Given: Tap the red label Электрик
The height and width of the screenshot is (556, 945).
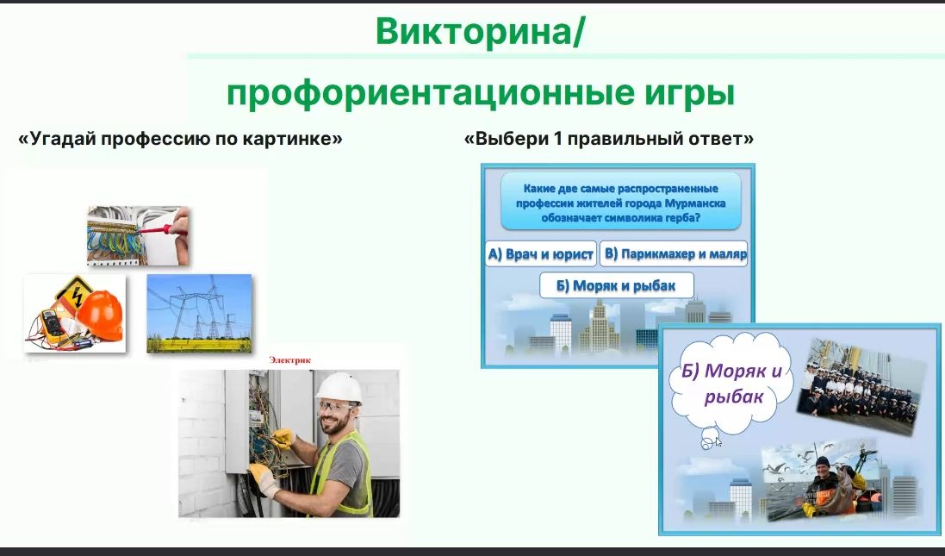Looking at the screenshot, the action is click(290, 360).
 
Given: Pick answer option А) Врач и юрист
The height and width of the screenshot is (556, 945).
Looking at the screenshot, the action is click(541, 254).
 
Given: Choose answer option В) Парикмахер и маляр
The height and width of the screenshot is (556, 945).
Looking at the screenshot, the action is click(674, 254).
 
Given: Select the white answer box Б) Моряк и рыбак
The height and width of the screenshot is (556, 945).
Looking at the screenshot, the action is click(616, 286).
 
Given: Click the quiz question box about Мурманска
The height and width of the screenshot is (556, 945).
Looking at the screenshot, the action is click(621, 203).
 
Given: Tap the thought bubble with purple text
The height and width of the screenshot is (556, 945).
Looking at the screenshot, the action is click(731, 384).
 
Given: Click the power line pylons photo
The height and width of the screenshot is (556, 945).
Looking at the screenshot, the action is click(200, 314).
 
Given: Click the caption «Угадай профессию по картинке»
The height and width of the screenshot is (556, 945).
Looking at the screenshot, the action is click(180, 139).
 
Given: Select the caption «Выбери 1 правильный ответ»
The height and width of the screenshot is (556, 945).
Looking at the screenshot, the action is click(609, 139).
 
